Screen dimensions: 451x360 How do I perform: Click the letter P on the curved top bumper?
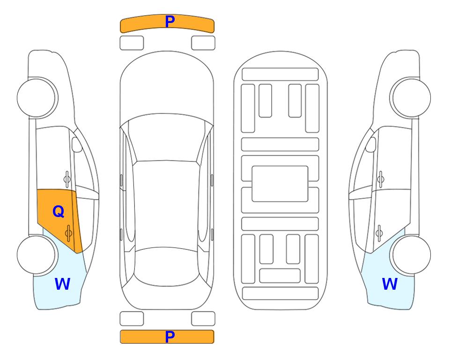tap(170, 21)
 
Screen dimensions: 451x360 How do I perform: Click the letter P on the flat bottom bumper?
tap(170, 337)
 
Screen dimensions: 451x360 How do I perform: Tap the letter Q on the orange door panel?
tap(59, 212)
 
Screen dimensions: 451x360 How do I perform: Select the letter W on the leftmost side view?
tap(62, 284)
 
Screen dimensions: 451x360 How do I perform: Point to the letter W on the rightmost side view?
tap(390, 284)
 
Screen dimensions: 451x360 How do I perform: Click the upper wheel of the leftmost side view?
tap(37, 97)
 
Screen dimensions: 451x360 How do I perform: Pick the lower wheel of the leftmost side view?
tap(37, 255)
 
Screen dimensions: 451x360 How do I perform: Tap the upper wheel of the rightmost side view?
tap(411, 97)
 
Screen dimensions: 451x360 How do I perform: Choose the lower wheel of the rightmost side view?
tap(411, 255)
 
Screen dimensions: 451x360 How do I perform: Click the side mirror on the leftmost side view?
tap(76, 144)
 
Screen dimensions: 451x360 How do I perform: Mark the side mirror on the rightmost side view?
tap(371, 144)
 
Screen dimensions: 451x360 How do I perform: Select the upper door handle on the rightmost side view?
tap(380, 179)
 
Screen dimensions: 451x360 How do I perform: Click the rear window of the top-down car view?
tap(166, 266)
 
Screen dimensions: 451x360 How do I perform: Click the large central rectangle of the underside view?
tap(280, 184)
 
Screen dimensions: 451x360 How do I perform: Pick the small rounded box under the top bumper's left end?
tap(132, 43)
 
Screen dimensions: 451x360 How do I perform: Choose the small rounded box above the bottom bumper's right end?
tap(203, 319)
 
